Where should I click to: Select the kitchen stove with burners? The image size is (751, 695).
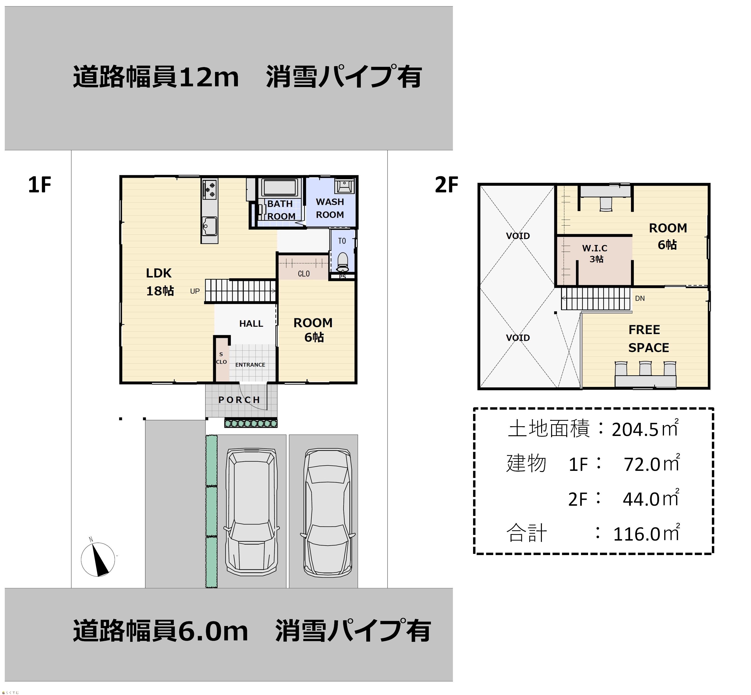209,189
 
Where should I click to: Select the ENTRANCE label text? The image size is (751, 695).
250,365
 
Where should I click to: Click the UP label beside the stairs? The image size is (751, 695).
195,291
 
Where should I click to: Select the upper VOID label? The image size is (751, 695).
518,236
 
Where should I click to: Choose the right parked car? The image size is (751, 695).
327,513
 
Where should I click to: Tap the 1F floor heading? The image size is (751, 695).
39,185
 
